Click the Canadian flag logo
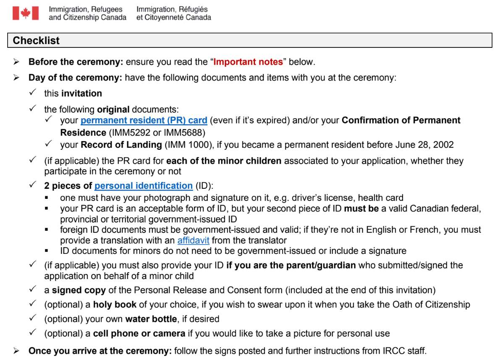tap(26, 13)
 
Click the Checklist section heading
tap(37, 41)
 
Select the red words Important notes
tap(248, 62)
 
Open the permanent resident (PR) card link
tap(144, 120)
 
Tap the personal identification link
tap(143, 185)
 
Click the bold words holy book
tap(113, 305)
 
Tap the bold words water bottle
tap(151, 319)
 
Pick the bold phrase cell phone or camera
tap(139, 334)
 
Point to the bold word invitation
tap(81, 94)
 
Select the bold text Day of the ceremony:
tap(76, 78)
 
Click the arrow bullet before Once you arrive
tap(17, 350)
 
